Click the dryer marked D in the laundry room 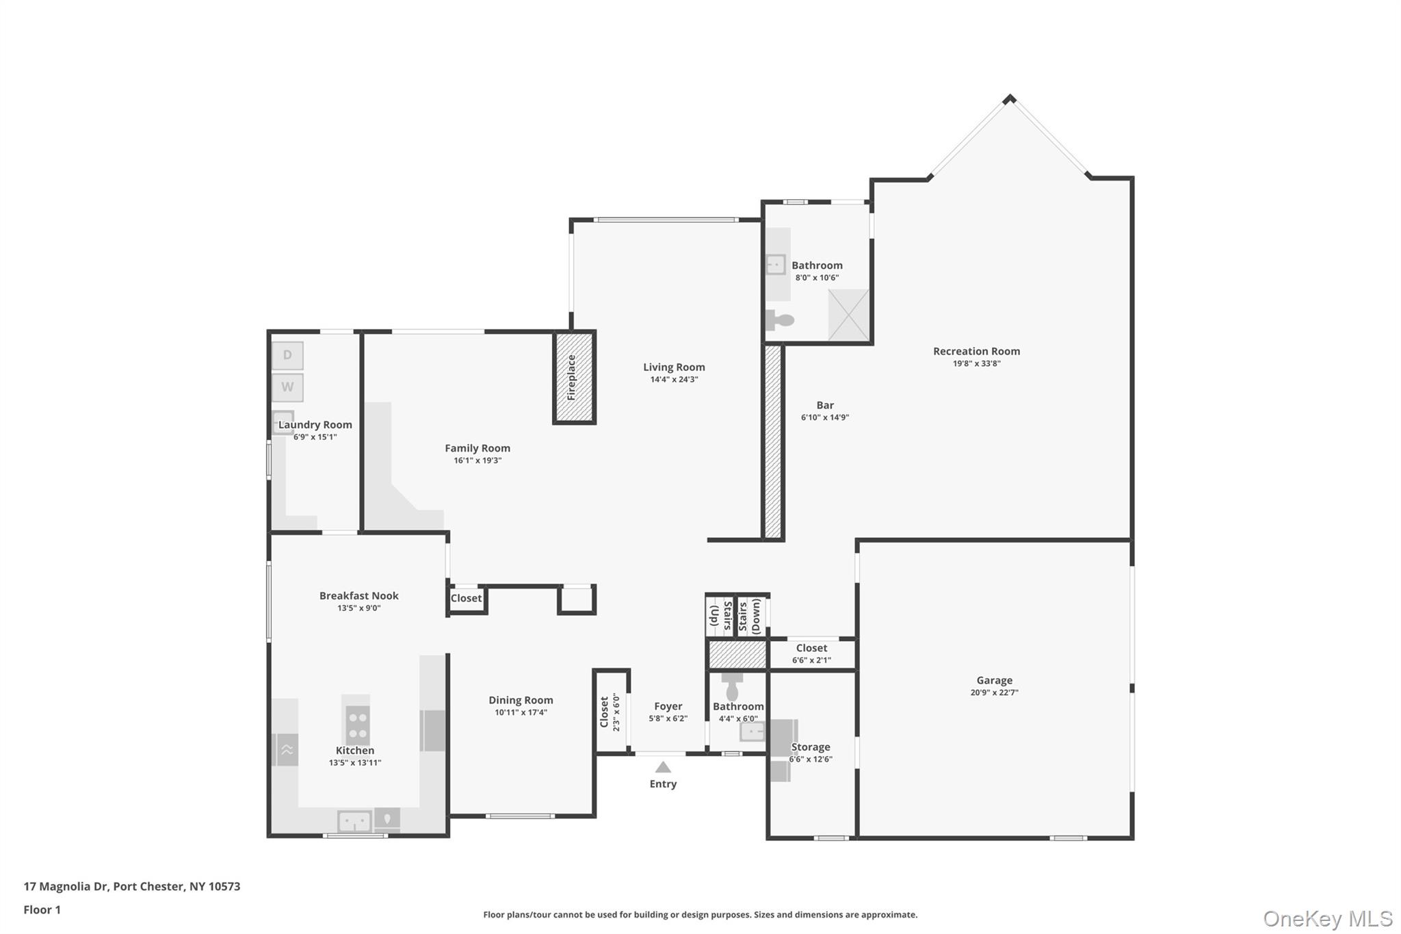287,355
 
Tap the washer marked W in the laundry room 287,387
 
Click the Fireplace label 572,377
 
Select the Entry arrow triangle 663,767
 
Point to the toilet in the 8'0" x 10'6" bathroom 780,320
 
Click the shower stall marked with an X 848,315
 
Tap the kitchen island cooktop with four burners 357,725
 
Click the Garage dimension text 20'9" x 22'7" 994,692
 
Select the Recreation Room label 976,351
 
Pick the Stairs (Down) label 750,616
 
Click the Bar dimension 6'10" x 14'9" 825,417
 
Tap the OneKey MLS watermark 1327,918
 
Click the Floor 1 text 42,909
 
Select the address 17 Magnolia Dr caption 132,886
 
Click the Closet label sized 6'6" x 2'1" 811,648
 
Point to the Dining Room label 521,700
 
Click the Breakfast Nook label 358,595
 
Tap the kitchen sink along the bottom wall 354,820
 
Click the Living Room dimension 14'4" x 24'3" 674,380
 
